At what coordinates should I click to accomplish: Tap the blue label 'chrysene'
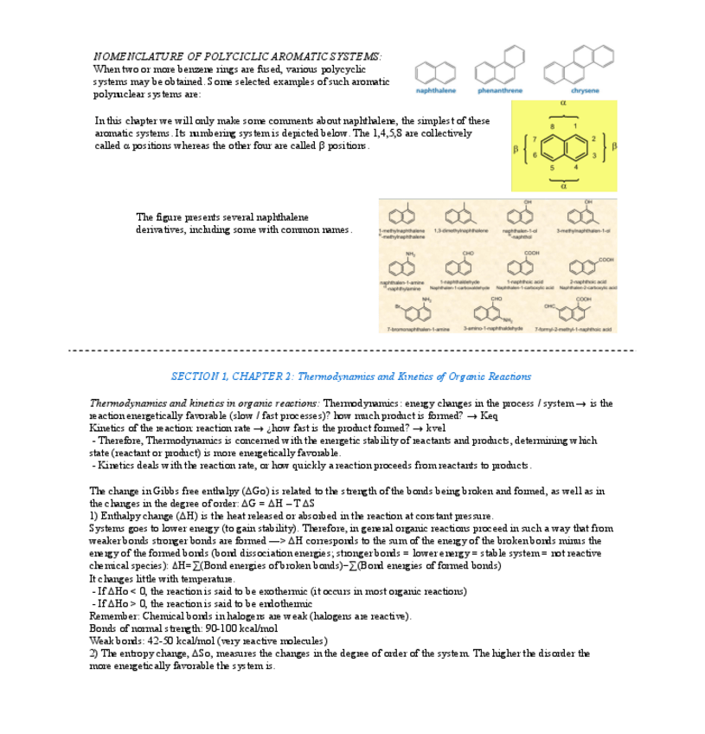point(585,90)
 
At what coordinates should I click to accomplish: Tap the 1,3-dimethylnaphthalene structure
point(457,215)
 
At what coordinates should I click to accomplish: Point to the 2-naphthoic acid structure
point(582,266)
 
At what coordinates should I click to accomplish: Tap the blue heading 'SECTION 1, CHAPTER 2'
point(233,377)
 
